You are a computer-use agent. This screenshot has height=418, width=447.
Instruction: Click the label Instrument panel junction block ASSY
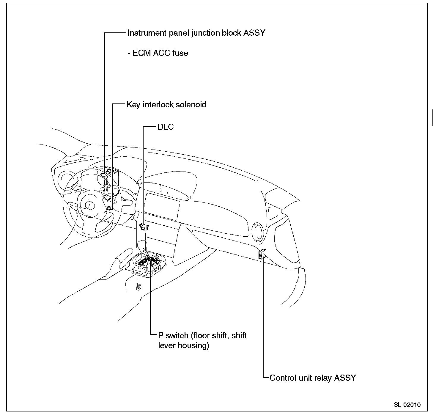196,33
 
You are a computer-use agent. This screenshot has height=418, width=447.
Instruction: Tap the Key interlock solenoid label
166,105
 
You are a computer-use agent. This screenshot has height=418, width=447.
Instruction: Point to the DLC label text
166,127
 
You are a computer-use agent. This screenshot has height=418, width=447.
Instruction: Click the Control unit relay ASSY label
313,378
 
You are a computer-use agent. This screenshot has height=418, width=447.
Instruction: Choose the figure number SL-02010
407,405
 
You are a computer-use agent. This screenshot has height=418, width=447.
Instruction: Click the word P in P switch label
161,336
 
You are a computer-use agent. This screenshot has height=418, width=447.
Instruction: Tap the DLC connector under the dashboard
144,227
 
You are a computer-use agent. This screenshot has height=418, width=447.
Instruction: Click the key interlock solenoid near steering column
110,208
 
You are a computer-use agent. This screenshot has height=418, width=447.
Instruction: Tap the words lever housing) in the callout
184,345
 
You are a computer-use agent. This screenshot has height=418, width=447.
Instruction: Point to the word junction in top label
206,33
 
